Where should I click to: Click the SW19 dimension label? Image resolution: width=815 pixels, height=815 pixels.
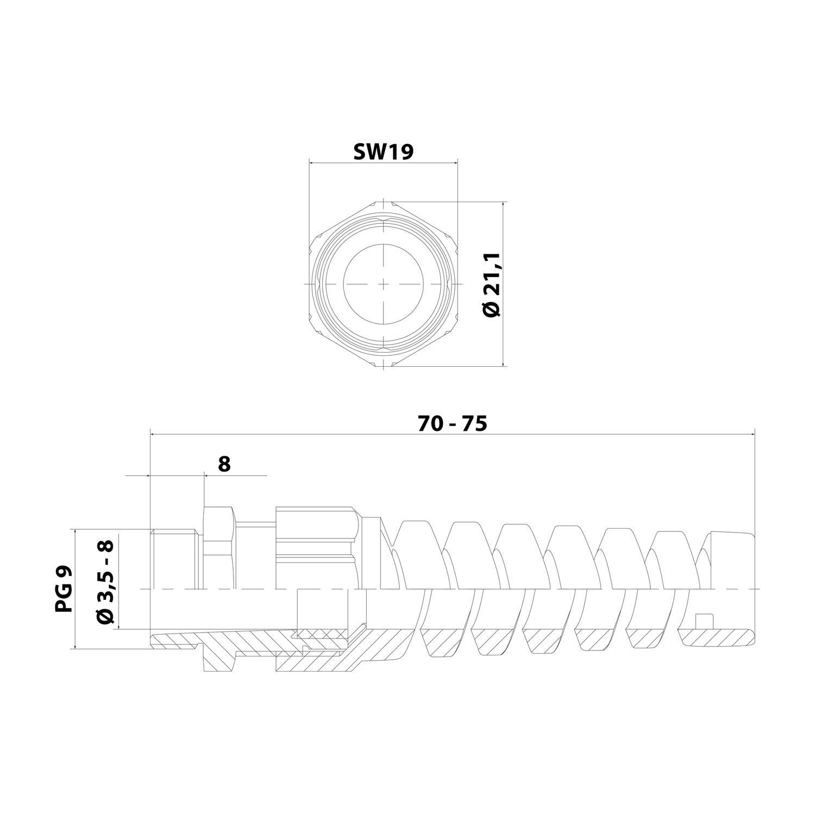pos(383,152)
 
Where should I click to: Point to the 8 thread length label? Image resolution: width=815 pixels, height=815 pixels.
pos(224,464)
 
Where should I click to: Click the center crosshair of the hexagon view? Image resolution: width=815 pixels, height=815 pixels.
pos(384,284)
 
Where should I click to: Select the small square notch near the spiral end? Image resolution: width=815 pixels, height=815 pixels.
pos(704,621)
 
